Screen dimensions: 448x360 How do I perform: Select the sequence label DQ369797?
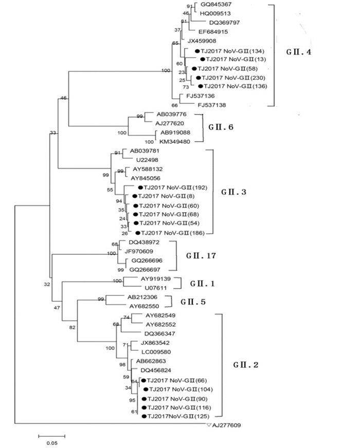pos(224,23)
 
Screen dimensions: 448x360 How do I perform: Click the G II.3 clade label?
pos(233,192)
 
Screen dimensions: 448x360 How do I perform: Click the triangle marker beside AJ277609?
pos(208,425)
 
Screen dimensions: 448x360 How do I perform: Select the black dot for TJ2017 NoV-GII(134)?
pos(197,51)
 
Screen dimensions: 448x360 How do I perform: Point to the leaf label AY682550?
pos(146,306)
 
